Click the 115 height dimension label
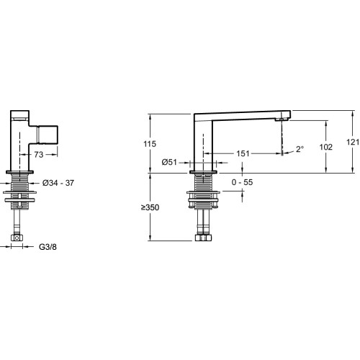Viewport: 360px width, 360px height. pos(150,144)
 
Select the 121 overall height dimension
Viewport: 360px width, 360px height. pos(353,142)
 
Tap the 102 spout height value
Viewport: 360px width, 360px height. pos(326,147)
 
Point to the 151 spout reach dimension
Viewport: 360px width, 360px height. pos(243,153)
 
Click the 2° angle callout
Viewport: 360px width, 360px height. pos(300,149)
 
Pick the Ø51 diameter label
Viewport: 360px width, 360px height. pos(169,163)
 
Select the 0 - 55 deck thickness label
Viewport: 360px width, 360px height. pos(242,182)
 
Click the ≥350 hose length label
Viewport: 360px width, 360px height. pos(150,207)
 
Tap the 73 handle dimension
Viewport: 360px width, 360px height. pos(39,155)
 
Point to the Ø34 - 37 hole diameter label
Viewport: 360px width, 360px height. pos(58,183)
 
